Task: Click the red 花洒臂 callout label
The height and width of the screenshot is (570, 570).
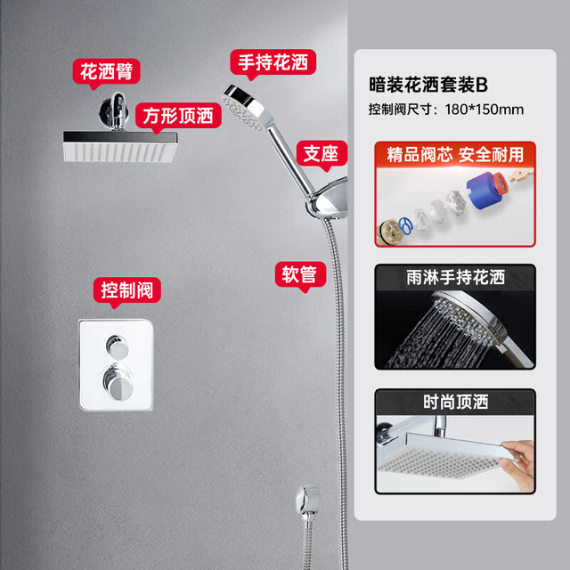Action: [106, 71]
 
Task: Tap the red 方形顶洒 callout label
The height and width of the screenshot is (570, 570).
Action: [178, 116]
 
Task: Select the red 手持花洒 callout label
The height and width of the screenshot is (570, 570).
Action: [273, 62]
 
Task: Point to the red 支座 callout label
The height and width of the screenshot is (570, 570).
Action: [322, 153]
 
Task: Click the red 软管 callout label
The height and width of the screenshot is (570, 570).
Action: [300, 274]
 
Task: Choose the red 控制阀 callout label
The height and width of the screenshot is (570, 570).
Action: [126, 290]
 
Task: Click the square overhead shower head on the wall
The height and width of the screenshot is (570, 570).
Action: [120, 146]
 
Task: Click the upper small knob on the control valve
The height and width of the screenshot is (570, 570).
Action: [117, 346]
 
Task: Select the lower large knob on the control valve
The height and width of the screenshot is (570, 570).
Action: [118, 383]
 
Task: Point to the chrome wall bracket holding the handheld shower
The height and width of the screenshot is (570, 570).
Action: [328, 199]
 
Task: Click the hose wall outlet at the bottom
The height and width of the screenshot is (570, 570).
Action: [307, 500]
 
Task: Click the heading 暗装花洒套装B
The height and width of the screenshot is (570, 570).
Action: [428, 85]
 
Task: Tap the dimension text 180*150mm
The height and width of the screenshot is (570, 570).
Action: [484, 110]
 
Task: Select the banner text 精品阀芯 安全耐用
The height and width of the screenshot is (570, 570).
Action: [455, 154]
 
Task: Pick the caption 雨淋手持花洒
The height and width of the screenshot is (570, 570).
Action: [455, 277]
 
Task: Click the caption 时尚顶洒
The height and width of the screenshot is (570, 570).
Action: [455, 402]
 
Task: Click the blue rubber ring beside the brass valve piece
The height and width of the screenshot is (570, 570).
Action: [405, 225]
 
